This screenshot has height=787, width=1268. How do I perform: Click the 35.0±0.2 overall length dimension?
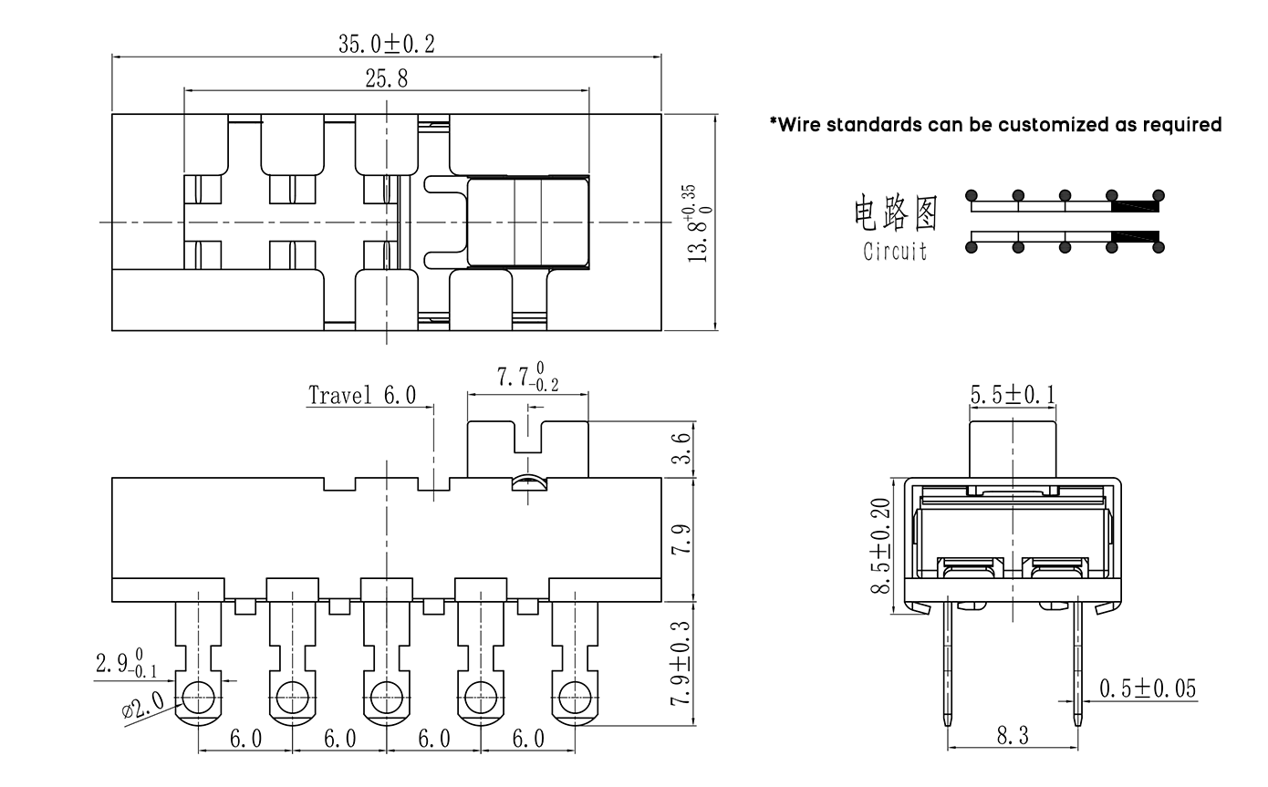pyautogui.click(x=387, y=43)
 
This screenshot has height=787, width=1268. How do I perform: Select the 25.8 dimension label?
pyautogui.click(x=387, y=78)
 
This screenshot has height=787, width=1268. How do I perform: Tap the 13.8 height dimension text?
pyautogui.click(x=699, y=224)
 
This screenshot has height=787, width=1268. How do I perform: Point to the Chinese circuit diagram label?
pyautogui.click(x=895, y=212)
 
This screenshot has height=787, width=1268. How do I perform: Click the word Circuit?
pyautogui.click(x=895, y=251)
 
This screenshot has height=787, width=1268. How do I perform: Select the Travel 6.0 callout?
pyautogui.click(x=362, y=395)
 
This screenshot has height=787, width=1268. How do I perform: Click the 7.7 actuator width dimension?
pyautogui.click(x=527, y=378)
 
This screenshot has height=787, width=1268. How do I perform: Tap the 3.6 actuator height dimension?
pyautogui.click(x=681, y=449)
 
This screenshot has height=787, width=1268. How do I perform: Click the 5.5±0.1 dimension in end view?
pyautogui.click(x=1013, y=395)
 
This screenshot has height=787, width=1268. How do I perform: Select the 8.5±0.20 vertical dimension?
pyautogui.click(x=882, y=546)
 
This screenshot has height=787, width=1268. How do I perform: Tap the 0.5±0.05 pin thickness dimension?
pyautogui.click(x=1147, y=689)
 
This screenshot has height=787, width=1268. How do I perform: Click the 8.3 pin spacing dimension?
pyautogui.click(x=1012, y=735)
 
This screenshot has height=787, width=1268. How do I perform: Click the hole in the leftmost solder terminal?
pyautogui.click(x=198, y=699)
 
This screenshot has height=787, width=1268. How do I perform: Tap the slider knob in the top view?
pyautogui.click(x=527, y=222)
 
